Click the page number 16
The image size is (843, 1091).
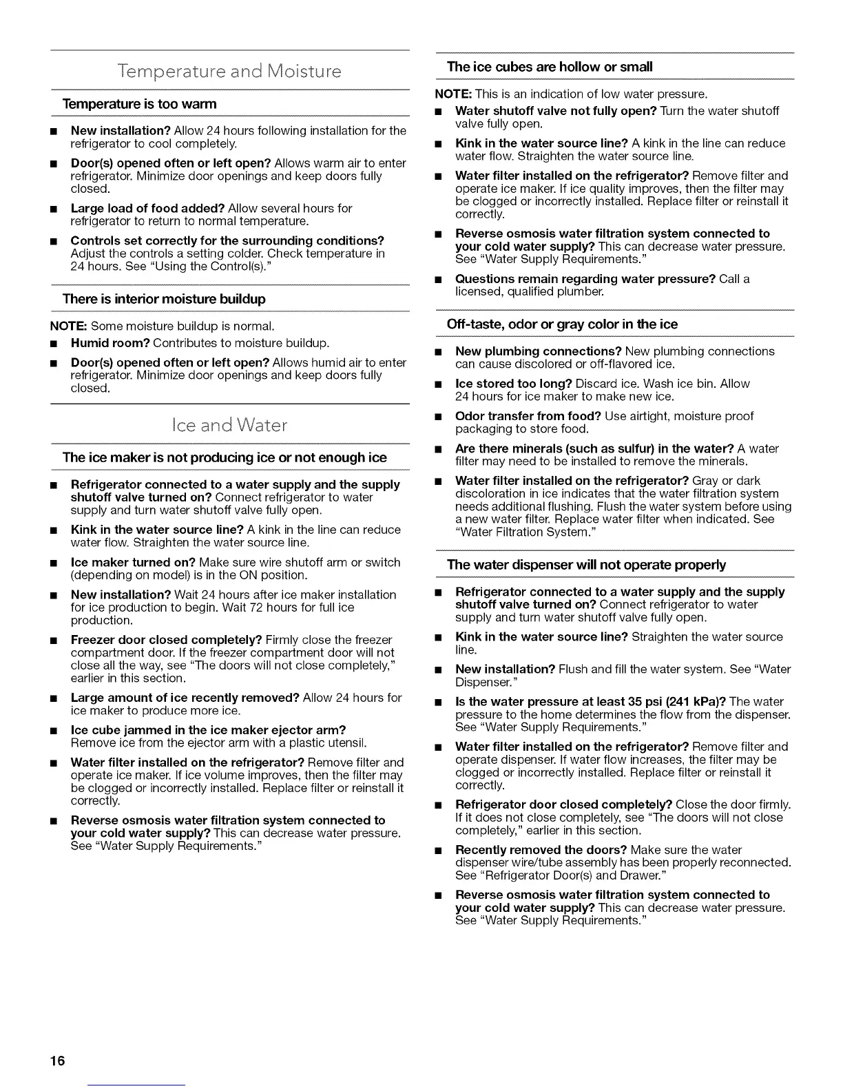tap(56, 1060)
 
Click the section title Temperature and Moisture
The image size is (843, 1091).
tap(230, 72)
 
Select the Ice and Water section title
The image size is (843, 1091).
tap(230, 425)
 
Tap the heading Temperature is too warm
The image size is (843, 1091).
tap(139, 104)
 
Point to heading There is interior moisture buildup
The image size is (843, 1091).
tap(164, 299)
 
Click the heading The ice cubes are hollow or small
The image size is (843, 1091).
tap(549, 67)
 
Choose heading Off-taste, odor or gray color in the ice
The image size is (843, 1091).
tap(562, 324)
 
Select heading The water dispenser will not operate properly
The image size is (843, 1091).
tap(586, 565)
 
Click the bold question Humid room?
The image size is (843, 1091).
tap(110, 343)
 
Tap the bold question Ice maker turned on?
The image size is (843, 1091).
tap(133, 562)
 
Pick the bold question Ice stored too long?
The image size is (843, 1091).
tap(514, 384)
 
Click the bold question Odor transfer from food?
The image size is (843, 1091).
tap(528, 416)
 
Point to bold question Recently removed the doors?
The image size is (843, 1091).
tap(541, 850)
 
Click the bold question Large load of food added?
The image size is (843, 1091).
tap(147, 208)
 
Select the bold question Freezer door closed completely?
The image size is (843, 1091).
tap(166, 640)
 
